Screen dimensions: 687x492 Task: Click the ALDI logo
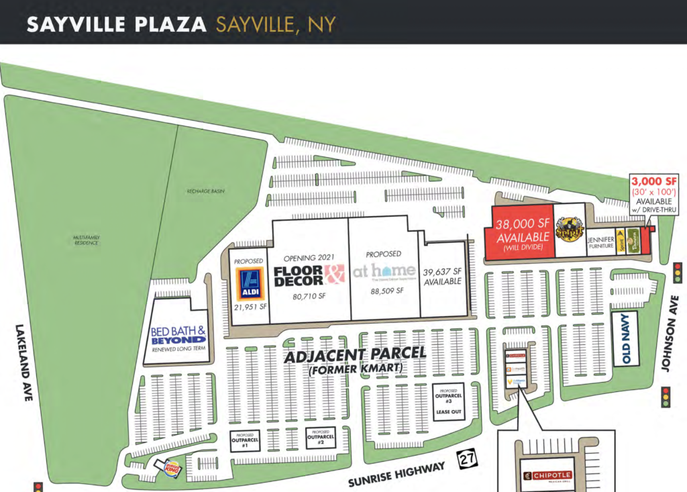[250, 284]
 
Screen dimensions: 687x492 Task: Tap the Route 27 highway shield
[467, 459]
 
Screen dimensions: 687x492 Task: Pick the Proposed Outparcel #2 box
[321, 438]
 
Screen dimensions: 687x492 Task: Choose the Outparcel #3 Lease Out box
[448, 402]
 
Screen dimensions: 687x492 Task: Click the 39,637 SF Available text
[443, 277]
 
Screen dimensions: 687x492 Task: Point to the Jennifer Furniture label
[600, 243]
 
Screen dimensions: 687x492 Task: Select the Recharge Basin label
[205, 191]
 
